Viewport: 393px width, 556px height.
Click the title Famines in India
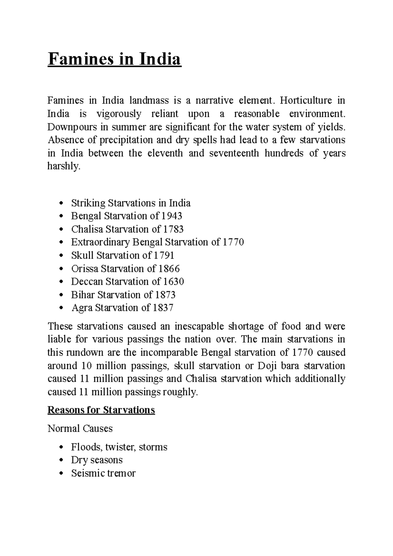tap(114, 60)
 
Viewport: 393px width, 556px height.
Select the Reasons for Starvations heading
tap(101, 410)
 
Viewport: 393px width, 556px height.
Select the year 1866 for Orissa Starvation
tap(169, 269)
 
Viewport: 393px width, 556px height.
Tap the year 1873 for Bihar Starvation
tap(165, 295)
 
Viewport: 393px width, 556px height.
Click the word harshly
tap(64, 167)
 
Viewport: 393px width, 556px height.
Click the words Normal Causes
tap(80, 428)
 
